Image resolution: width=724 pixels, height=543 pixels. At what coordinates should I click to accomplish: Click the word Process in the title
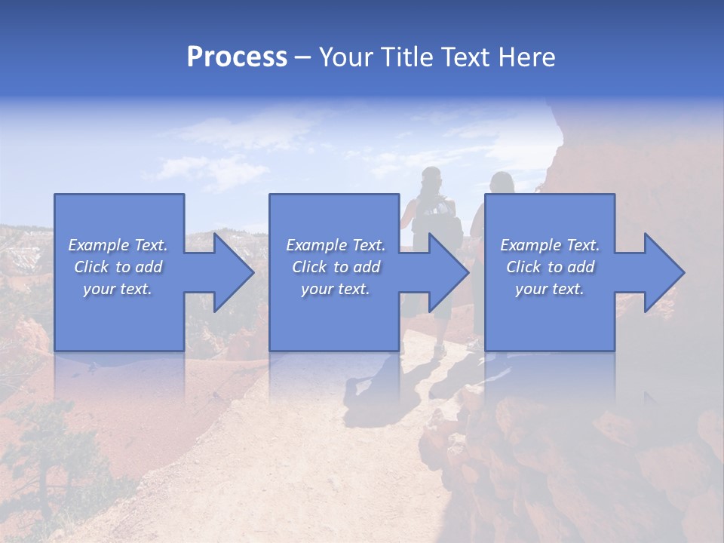pyautogui.click(x=237, y=57)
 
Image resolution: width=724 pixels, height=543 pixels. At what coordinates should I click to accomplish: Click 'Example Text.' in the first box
pyautogui.click(x=118, y=245)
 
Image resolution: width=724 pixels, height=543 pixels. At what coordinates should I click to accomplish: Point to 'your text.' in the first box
pyautogui.click(x=118, y=289)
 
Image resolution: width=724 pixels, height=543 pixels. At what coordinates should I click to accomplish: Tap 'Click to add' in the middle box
pyautogui.click(x=336, y=267)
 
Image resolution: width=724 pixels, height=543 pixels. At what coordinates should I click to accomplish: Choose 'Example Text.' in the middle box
pyautogui.click(x=336, y=245)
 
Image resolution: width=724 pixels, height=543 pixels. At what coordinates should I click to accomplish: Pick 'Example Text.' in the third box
pyautogui.click(x=550, y=245)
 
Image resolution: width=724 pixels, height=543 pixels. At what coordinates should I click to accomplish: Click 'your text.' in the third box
pyautogui.click(x=550, y=289)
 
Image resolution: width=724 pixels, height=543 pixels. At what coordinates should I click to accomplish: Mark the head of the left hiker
pyautogui.click(x=431, y=179)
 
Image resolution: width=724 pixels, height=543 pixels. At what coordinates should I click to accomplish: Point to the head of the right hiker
pyautogui.click(x=502, y=183)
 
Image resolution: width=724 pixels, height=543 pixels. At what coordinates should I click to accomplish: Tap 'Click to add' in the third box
pyautogui.click(x=550, y=267)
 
